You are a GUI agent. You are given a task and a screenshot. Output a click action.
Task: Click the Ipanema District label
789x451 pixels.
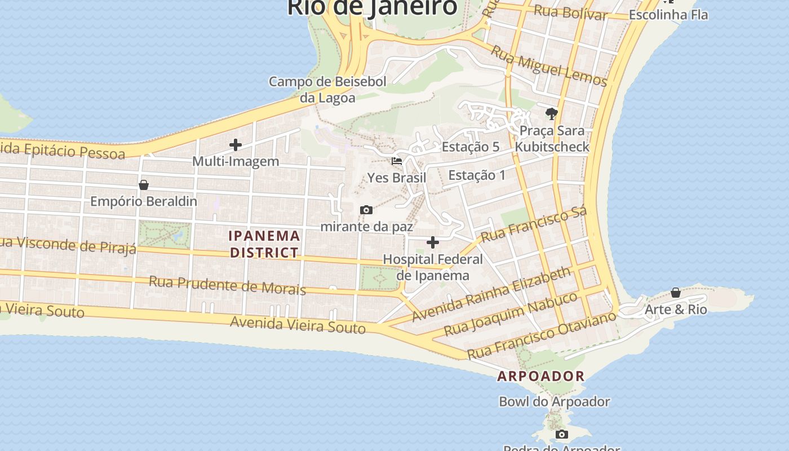click(264, 244)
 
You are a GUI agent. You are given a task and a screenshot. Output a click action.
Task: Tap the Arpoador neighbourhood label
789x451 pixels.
click(540, 376)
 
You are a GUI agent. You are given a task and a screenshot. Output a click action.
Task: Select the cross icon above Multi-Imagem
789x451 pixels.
click(236, 145)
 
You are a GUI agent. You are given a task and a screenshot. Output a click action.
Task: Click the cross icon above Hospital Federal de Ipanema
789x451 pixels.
click(433, 242)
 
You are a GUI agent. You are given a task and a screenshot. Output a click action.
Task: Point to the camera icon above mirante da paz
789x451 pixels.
click(366, 210)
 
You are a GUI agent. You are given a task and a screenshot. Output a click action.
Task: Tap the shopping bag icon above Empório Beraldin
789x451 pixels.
click(144, 185)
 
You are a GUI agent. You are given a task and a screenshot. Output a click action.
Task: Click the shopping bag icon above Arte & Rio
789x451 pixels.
click(675, 293)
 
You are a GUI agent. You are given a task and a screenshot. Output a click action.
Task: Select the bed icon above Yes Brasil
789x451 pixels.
click(397, 161)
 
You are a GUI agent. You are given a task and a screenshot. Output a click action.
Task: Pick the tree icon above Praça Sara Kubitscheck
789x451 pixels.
click(552, 114)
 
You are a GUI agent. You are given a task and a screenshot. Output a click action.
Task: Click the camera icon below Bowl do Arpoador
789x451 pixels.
click(561, 434)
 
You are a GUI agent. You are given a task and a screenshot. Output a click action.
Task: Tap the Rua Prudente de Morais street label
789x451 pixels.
click(227, 285)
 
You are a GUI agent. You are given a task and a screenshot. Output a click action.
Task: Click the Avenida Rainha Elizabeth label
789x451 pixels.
click(491, 294)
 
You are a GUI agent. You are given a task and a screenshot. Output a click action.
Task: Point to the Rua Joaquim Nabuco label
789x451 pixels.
click(511, 313)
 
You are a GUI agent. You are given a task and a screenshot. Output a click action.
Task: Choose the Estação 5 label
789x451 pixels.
click(471, 147)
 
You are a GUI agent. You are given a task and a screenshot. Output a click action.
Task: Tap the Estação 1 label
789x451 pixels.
click(477, 175)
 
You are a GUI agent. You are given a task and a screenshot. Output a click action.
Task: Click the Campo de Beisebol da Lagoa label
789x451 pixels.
click(327, 90)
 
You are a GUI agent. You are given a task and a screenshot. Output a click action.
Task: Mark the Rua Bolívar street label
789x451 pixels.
click(570, 12)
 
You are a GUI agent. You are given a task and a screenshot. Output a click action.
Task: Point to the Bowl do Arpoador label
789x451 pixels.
click(554, 402)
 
